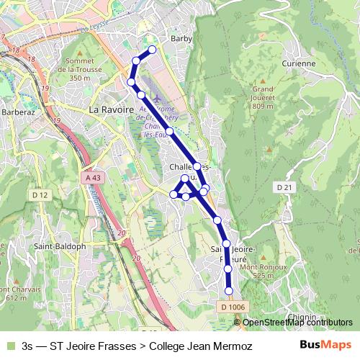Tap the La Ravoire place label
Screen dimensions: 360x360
pyautogui.click(x=111, y=109)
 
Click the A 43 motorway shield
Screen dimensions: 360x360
pyautogui.click(x=91, y=177)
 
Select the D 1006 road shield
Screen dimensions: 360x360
pyautogui.click(x=230, y=307)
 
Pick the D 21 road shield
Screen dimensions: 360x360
pyautogui.click(x=285, y=186)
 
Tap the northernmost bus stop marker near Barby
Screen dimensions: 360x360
pyautogui.click(x=152, y=50)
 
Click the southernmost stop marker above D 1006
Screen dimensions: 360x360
pyautogui.click(x=229, y=290)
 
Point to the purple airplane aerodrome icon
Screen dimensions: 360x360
pyautogui.click(x=158, y=96)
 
